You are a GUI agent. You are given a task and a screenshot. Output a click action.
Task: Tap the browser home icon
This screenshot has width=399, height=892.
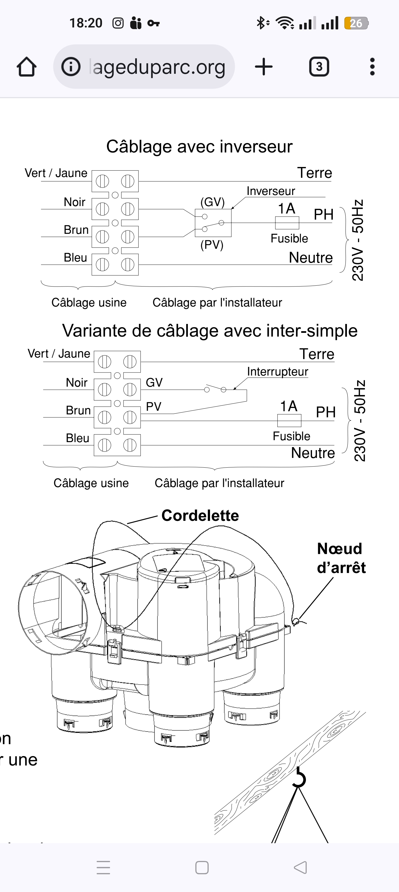(27, 67)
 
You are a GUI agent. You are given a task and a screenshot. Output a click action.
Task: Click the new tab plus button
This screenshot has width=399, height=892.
(264, 67)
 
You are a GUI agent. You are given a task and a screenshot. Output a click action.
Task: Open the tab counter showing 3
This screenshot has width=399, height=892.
(319, 67)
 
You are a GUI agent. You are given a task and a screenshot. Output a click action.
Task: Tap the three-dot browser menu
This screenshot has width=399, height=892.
(372, 67)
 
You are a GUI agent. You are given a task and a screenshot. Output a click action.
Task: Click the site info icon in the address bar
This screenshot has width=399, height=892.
(71, 67)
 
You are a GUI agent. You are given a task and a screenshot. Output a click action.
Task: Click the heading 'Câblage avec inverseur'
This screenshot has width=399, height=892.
(199, 146)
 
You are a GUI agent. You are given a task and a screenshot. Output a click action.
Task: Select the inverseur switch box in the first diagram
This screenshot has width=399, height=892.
(213, 223)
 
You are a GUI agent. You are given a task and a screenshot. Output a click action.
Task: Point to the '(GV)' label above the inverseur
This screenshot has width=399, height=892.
(213, 202)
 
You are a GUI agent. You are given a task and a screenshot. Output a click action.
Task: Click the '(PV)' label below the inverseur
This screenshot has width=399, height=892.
(212, 245)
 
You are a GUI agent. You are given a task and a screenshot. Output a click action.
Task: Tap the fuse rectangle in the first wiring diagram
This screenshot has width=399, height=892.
(287, 223)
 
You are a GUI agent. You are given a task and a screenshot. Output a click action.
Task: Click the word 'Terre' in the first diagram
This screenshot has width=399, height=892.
(314, 173)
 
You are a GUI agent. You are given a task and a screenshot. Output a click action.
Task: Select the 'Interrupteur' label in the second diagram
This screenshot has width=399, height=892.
(278, 372)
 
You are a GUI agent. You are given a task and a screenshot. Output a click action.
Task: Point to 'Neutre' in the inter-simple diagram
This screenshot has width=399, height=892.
(313, 453)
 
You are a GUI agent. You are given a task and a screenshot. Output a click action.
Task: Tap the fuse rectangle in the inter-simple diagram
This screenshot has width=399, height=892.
(289, 421)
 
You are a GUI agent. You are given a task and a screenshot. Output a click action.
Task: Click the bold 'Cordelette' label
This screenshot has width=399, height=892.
(200, 516)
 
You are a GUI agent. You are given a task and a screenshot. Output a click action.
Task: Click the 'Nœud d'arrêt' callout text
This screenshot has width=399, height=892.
(341, 558)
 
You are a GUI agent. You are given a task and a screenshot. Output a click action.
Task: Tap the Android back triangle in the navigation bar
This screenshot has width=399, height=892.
(300, 867)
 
